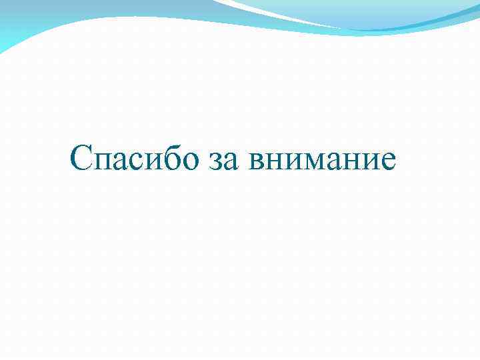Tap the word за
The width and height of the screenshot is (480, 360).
click(224, 163)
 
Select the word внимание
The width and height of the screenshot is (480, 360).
click(323, 163)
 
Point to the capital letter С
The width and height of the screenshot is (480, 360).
click(81, 159)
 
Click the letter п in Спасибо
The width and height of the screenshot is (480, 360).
click(102, 163)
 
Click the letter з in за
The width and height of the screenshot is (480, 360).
click(216, 163)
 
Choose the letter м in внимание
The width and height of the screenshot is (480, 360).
click(313, 163)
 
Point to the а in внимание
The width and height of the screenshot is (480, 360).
click(333, 163)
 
